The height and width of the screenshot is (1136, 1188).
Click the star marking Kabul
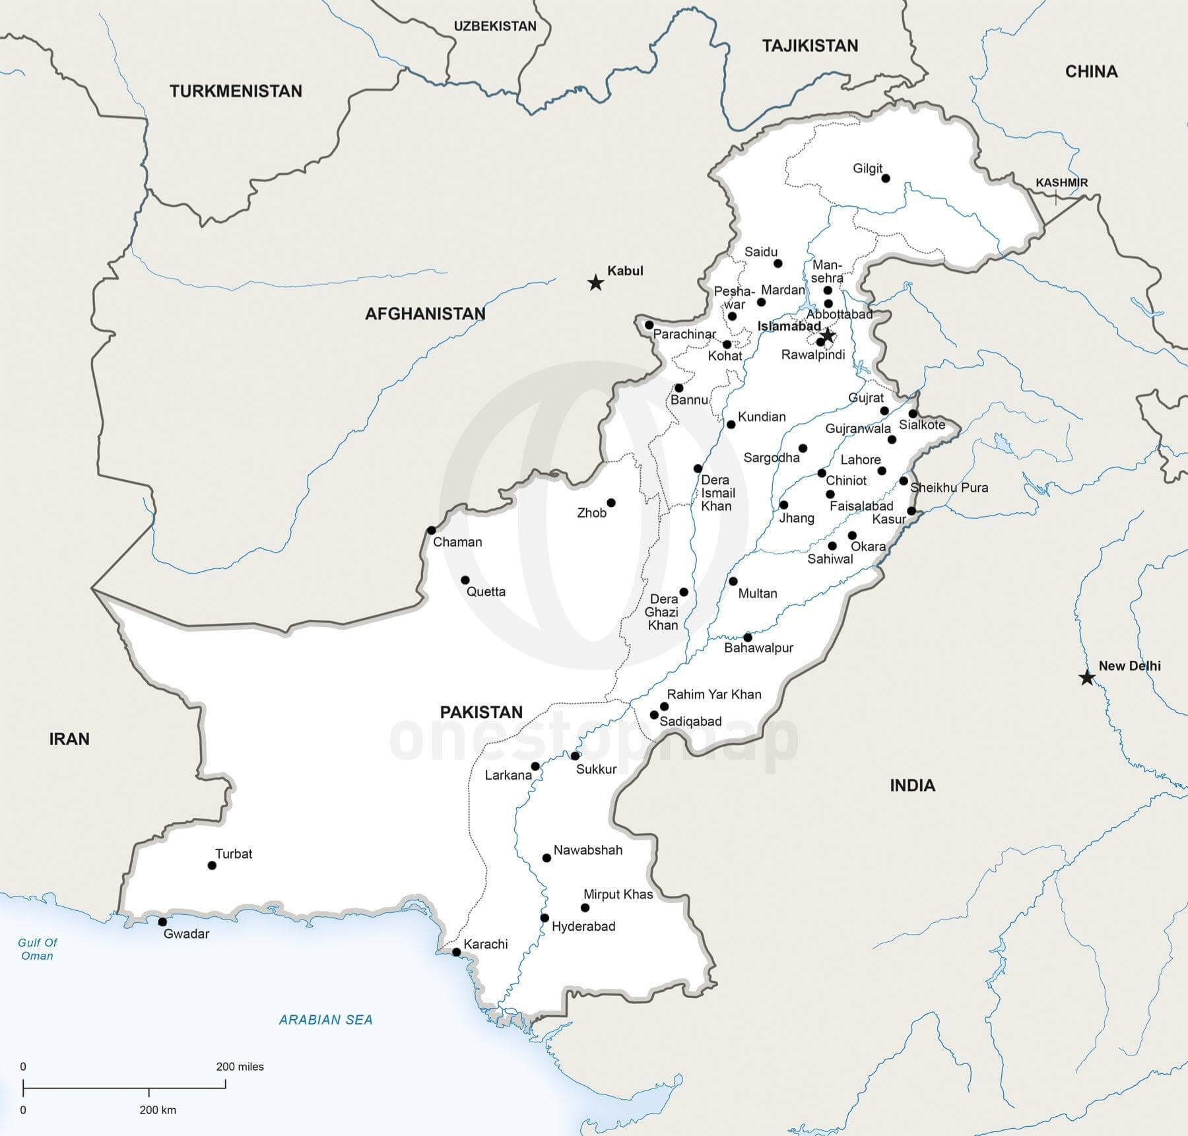tap(595, 283)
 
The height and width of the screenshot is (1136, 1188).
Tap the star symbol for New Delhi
tap(1086, 678)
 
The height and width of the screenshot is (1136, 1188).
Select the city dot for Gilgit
tap(886, 178)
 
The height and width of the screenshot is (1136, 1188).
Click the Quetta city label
tap(486, 591)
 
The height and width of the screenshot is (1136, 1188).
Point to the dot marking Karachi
tap(456, 952)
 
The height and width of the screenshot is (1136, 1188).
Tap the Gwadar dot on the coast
tap(162, 921)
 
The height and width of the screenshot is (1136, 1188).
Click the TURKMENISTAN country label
tap(236, 91)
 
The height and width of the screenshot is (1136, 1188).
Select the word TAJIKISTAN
tap(810, 46)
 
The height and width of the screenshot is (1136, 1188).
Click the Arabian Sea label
tap(325, 1020)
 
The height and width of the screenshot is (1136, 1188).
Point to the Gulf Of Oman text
tap(37, 949)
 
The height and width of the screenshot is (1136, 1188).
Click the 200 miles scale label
tap(240, 1066)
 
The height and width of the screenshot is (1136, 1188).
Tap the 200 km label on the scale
tap(158, 1110)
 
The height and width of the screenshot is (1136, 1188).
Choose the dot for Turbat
tap(212, 865)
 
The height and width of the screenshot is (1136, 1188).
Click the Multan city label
tap(757, 593)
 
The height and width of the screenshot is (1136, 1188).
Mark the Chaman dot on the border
tap(432, 530)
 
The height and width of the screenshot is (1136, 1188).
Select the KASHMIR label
tap(1061, 183)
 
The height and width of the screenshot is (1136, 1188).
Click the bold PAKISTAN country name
tap(481, 712)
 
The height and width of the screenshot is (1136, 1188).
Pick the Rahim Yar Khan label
tap(714, 694)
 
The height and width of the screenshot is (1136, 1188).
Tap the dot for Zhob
tap(611, 503)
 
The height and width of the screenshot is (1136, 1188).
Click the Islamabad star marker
tap(827, 336)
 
